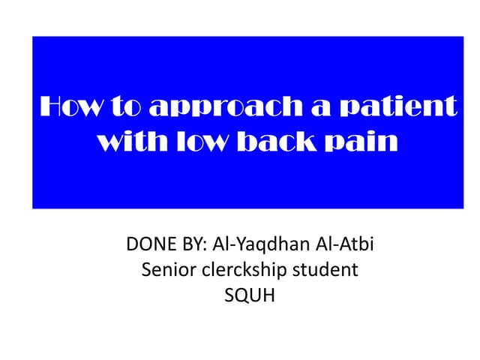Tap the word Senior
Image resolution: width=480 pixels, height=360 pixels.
pyautogui.click(x=166, y=271)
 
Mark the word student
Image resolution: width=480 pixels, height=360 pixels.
pyautogui.click(x=328, y=271)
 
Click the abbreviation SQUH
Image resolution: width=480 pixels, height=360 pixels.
pyautogui.click(x=250, y=296)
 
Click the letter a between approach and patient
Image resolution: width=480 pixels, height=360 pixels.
pyautogui.click(x=307, y=109)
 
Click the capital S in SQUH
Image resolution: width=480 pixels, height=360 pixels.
pyautogui.click(x=229, y=296)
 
